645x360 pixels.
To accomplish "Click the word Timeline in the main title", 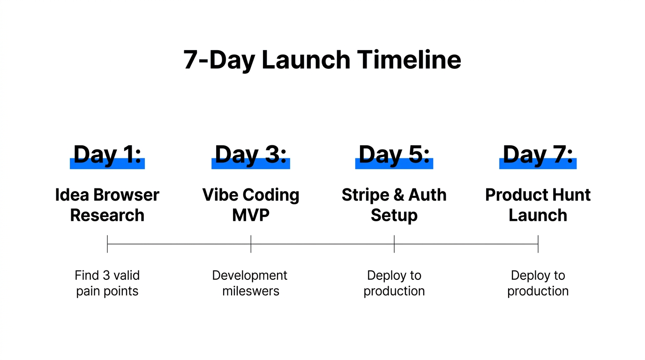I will [x=409, y=60].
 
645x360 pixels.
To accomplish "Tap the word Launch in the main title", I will [x=305, y=60].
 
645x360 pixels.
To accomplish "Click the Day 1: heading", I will [x=107, y=155].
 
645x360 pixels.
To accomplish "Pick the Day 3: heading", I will [x=251, y=155].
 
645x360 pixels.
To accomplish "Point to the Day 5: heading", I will [x=394, y=155].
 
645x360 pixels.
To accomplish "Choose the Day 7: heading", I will [x=538, y=155].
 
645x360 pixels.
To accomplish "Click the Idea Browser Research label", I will [x=107, y=205].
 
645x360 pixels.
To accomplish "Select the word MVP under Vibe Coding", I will [x=251, y=215].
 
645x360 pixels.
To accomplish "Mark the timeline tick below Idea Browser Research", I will [x=107, y=244].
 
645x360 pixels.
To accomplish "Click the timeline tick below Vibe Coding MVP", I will [x=251, y=244].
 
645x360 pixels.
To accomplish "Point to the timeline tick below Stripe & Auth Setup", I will [x=394, y=244].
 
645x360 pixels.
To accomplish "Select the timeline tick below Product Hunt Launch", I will [x=538, y=244].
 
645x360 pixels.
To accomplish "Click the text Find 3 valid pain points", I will [x=107, y=283].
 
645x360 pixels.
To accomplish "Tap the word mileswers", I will [x=251, y=291].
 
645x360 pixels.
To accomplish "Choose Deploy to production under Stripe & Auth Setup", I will [x=394, y=283].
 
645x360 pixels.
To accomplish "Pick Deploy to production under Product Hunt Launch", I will [x=538, y=283].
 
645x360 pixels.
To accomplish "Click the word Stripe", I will [x=365, y=195].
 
